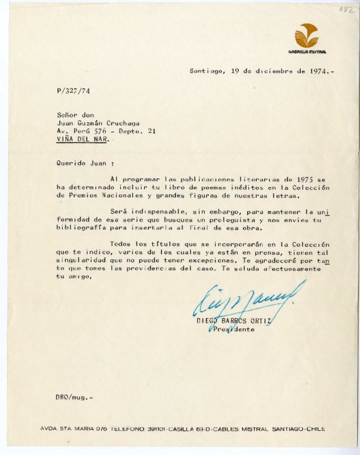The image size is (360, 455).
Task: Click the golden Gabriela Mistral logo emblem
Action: (306, 35)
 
